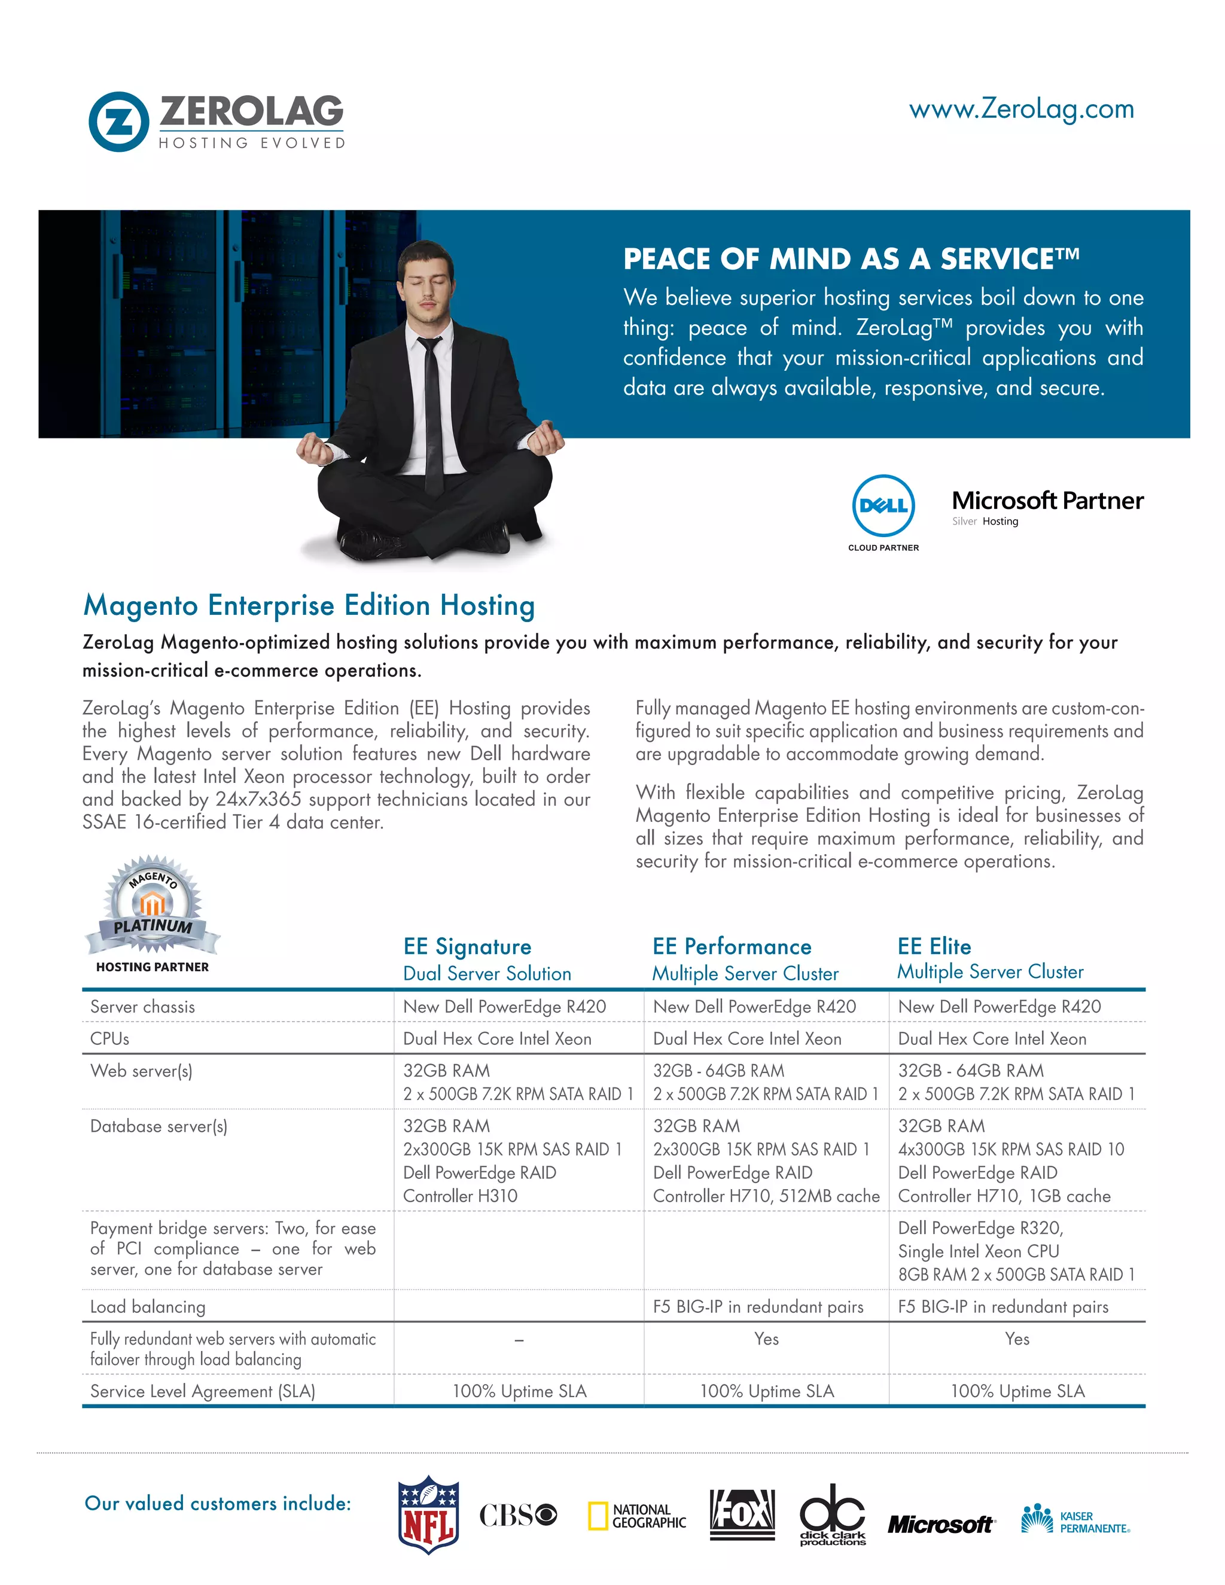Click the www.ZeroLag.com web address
point(1021,109)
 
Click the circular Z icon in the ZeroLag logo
point(119,122)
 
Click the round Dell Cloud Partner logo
point(883,507)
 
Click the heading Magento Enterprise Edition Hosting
point(309,605)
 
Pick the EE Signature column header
point(467,946)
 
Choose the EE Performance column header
point(732,946)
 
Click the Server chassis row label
point(143,1007)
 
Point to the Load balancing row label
point(148,1306)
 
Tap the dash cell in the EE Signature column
point(519,1340)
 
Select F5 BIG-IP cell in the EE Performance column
point(758,1306)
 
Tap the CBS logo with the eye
point(518,1514)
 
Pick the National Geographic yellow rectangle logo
point(637,1516)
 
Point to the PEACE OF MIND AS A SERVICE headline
point(851,259)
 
